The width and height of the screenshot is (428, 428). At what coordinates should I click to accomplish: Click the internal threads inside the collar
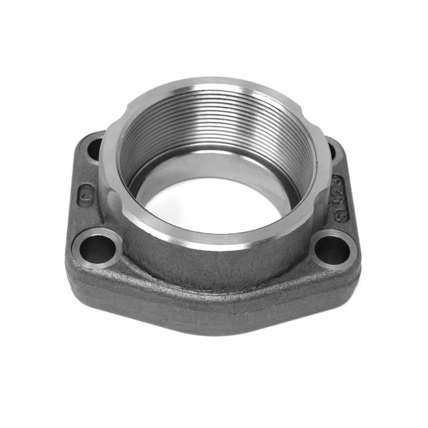[x=214, y=127]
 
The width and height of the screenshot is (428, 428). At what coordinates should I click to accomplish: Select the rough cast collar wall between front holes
[x=214, y=267]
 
